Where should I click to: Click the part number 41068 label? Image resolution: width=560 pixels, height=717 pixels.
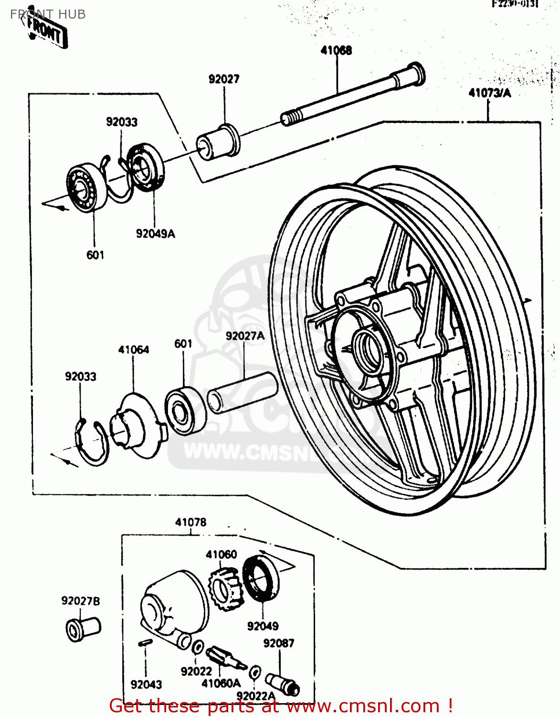pos(336,50)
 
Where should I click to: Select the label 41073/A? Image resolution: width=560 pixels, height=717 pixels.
pos(489,93)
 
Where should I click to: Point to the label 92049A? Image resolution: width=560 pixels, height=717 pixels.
pos(155,234)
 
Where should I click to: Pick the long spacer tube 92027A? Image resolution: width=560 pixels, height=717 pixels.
pos(242,392)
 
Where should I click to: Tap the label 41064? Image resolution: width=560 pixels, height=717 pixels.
pos(133,350)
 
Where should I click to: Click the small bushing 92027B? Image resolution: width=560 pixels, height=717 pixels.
pos(82,628)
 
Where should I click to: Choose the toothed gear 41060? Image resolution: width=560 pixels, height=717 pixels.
pos(225,588)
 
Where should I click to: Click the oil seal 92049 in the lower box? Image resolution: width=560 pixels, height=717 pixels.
pos(260,578)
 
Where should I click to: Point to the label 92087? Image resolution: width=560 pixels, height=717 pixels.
pos(279,643)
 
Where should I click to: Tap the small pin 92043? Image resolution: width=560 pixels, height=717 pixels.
pos(145,643)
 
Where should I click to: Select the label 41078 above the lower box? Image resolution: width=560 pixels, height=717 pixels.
pos(190,522)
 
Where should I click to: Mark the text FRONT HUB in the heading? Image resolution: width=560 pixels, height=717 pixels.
pos(48,14)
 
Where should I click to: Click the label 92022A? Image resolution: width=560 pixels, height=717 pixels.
pos(256,695)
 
